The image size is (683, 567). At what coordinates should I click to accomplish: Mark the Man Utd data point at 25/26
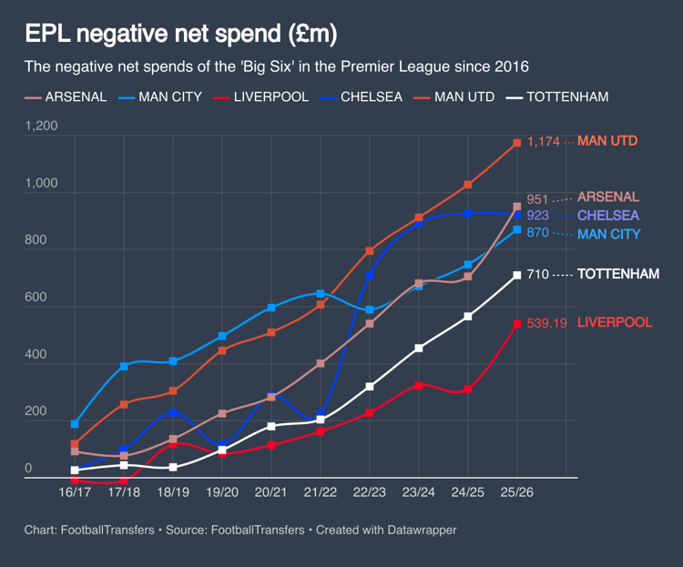[517, 143]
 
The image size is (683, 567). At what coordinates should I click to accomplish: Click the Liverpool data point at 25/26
[517, 324]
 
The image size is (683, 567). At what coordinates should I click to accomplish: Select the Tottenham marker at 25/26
[517, 275]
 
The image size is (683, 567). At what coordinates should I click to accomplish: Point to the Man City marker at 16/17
[75, 424]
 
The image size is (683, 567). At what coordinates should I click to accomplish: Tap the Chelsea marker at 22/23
[370, 275]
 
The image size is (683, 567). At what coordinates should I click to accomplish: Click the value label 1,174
[543, 142]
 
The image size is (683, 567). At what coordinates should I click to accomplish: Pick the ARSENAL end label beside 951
[608, 197]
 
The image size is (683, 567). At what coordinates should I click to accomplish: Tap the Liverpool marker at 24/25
[468, 390]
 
